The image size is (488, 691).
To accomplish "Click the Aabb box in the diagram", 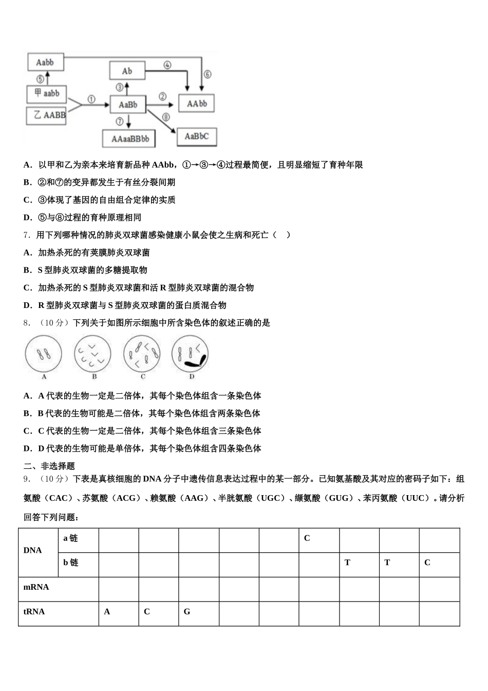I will coord(45,62).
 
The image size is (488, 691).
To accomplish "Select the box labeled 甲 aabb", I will coord(47,94).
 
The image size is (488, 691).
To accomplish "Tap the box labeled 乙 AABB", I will coord(47,115).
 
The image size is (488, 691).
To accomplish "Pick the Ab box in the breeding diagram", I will coord(127,71).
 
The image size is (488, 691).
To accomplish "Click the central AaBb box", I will coord(128,104).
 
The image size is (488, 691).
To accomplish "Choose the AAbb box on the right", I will coord(196,104).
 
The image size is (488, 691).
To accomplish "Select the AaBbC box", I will coord(197,137).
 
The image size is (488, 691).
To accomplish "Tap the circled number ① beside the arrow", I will coord(91,99).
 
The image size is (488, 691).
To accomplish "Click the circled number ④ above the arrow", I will coord(167,65).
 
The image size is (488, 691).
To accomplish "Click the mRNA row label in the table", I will coord(36,587).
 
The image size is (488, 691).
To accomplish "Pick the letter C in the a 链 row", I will coord(307,538).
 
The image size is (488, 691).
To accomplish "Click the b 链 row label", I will coord(71,562).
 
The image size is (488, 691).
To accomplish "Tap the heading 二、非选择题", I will coord(49,466).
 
